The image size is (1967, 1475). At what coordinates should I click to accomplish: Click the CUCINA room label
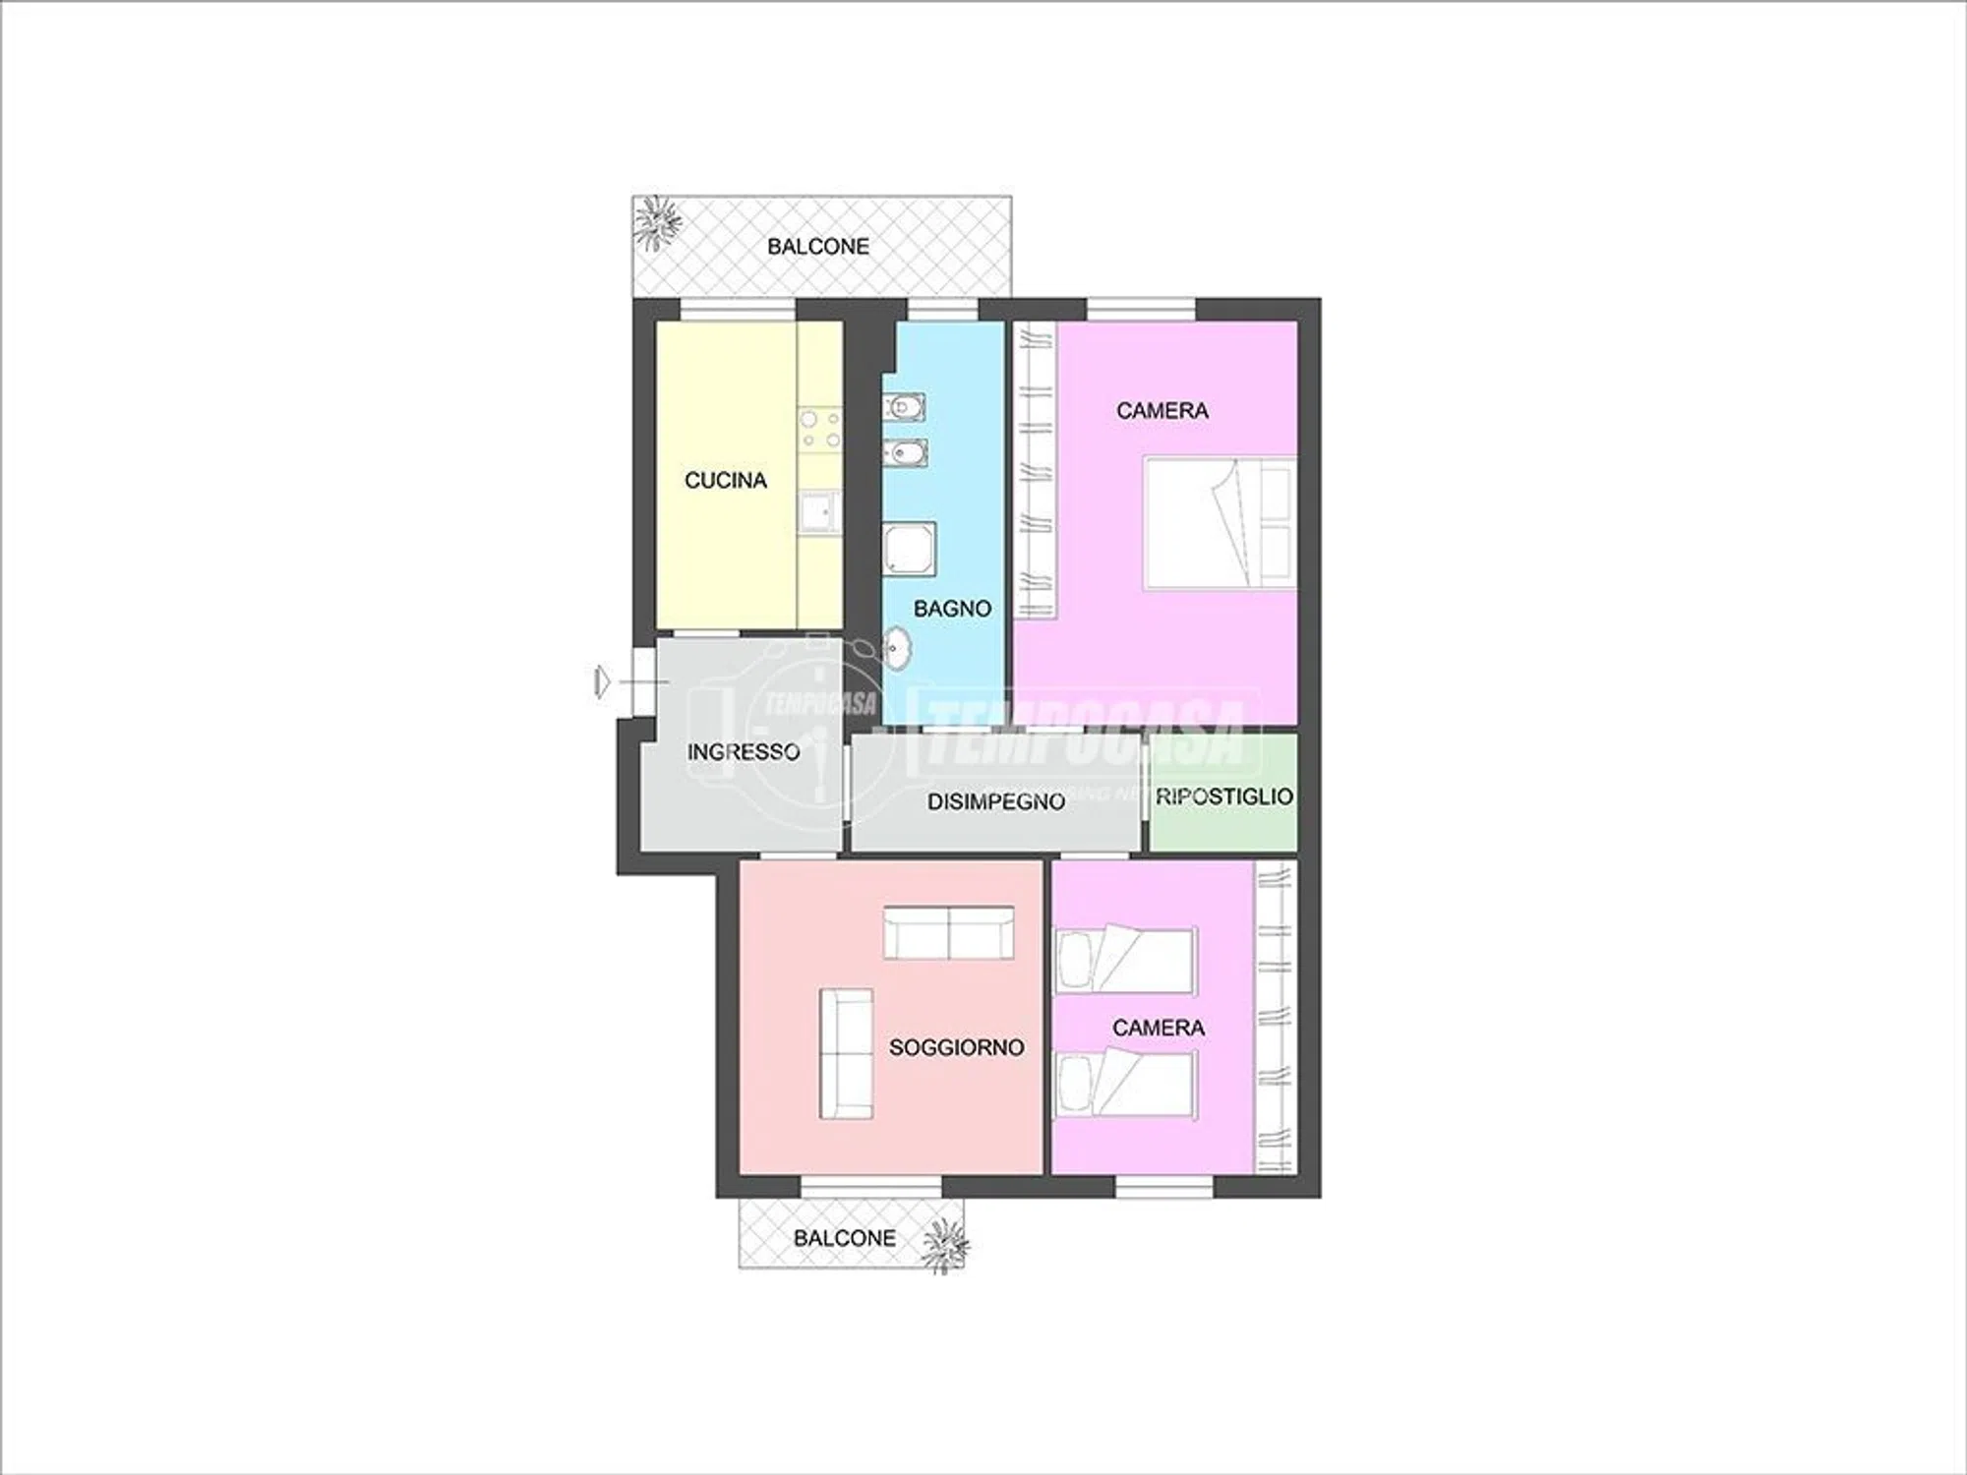pyautogui.click(x=725, y=481)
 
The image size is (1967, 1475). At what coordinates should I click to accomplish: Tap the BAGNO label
pyautogui.click(x=952, y=609)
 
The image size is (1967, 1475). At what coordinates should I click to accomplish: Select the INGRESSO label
pyautogui.click(x=744, y=752)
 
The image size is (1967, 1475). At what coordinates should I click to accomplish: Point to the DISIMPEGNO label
pyautogui.click(x=996, y=802)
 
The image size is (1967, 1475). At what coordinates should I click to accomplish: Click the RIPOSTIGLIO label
pyautogui.click(x=1224, y=796)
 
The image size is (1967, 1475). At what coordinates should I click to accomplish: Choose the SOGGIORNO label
pyautogui.click(x=957, y=1048)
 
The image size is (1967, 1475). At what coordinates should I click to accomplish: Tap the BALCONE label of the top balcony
pyautogui.click(x=818, y=247)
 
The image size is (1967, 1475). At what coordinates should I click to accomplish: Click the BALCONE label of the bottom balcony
pyautogui.click(x=845, y=1238)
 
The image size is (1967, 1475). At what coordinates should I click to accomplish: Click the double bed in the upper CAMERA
pyautogui.click(x=1220, y=523)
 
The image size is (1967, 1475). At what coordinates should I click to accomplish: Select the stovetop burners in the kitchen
pyautogui.click(x=820, y=430)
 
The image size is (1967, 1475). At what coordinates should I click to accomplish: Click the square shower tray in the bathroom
pyautogui.click(x=910, y=548)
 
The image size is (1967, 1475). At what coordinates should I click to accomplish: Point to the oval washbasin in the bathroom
pyautogui.click(x=897, y=647)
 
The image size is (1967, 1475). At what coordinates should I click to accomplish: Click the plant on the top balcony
pyautogui.click(x=656, y=222)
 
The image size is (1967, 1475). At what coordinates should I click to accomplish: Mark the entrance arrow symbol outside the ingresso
pyautogui.click(x=602, y=680)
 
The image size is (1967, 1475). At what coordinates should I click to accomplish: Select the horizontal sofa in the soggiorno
pyautogui.click(x=949, y=933)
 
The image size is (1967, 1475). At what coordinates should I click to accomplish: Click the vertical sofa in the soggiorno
pyautogui.click(x=846, y=1053)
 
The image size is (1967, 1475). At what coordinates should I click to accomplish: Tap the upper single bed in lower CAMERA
pyautogui.click(x=1125, y=959)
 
